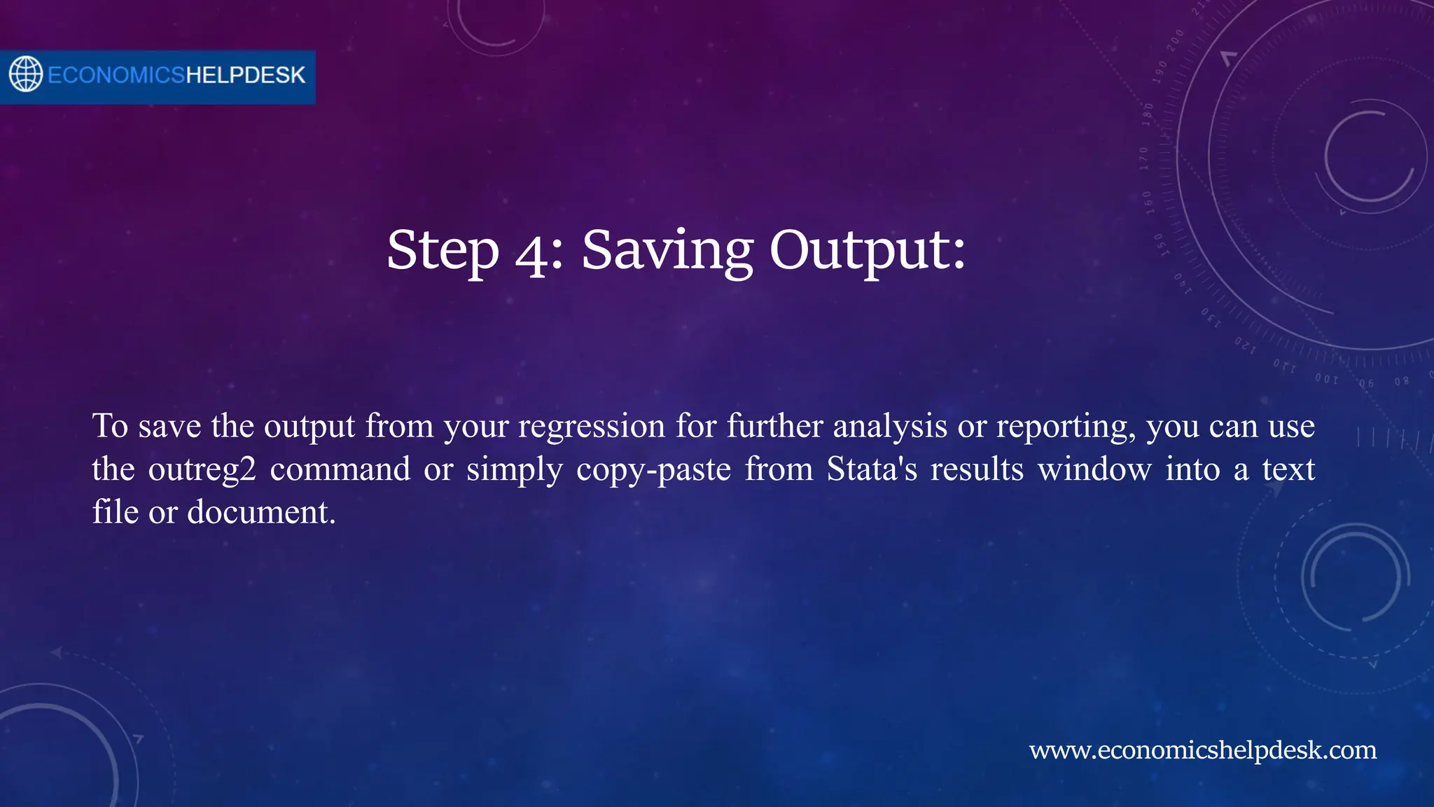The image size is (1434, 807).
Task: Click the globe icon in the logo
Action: [26, 74]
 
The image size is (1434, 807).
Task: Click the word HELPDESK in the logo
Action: [245, 75]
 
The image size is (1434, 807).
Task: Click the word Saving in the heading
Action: [667, 251]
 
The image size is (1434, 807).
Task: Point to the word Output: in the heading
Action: [868, 251]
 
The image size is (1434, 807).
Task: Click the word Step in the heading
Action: [443, 251]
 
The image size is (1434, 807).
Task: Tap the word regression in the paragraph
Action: [592, 426]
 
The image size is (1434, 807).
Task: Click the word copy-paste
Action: [653, 469]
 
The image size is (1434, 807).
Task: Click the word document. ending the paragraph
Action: [262, 512]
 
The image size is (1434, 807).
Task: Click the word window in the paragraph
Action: [1094, 469]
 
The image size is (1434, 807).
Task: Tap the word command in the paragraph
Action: [340, 469]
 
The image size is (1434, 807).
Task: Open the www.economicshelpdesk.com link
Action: [1202, 750]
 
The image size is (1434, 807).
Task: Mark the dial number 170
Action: [1144, 158]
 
